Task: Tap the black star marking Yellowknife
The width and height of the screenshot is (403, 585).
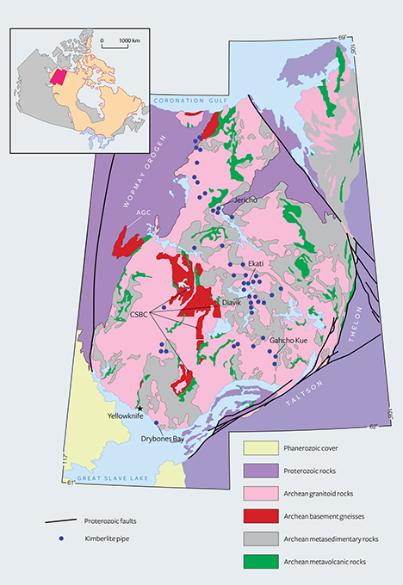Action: click(x=139, y=408)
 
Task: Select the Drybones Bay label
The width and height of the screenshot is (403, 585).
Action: click(x=163, y=439)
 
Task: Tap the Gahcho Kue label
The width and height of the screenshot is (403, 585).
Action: click(x=288, y=341)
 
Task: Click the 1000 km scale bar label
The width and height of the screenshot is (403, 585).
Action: click(x=129, y=40)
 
